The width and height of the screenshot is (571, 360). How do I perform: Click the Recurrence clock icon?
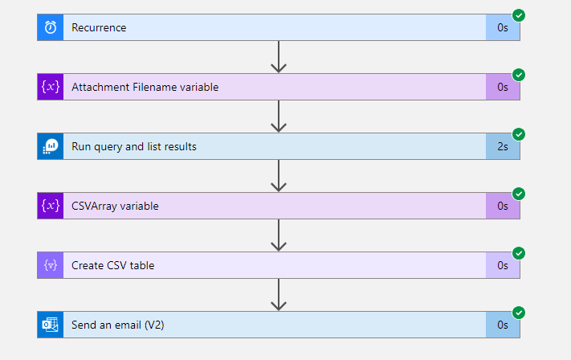[51, 27]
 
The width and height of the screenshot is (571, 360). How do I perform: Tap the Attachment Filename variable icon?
[51, 87]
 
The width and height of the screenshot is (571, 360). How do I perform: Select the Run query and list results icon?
[51, 146]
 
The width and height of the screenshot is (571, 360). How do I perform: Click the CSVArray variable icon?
[51, 206]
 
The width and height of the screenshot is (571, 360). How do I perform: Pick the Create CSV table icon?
[51, 265]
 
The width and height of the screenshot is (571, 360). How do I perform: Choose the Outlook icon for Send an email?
[51, 325]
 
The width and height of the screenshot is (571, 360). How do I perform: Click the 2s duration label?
[503, 146]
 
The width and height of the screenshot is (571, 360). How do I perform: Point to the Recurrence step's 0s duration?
[503, 27]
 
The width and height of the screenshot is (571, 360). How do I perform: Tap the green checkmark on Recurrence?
[519, 15]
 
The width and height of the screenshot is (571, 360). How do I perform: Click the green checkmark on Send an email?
[519, 313]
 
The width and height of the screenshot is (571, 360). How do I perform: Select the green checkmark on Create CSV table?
[519, 253]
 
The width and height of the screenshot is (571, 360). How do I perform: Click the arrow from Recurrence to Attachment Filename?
[279, 56]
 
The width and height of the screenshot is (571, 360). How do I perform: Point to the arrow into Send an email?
[279, 294]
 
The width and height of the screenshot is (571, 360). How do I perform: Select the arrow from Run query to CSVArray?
[279, 175]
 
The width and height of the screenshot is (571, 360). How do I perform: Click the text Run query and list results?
[134, 146]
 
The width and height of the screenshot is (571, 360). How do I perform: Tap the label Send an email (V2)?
[119, 325]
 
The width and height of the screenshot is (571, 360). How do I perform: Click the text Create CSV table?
[112, 265]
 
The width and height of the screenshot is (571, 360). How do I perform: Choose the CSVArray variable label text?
[115, 206]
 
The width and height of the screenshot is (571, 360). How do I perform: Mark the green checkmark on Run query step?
[519, 134]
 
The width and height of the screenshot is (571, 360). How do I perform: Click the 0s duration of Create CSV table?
[503, 265]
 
